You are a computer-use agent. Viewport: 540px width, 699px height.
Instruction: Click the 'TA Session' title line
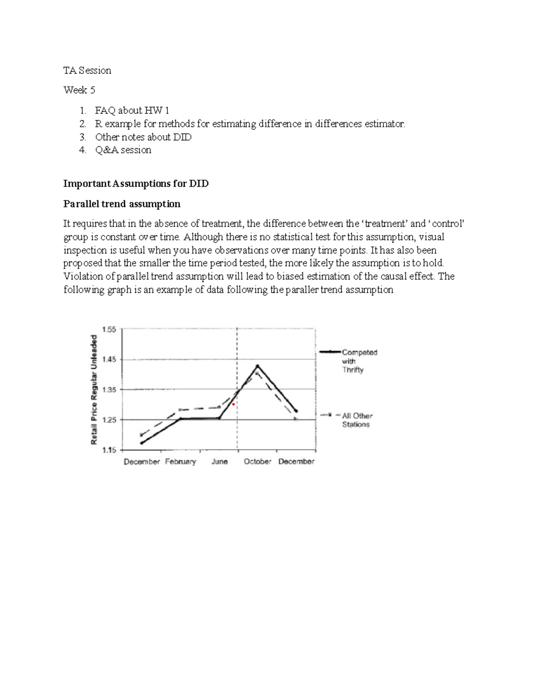click(87, 70)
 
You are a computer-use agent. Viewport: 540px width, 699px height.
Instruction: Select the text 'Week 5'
click(79, 90)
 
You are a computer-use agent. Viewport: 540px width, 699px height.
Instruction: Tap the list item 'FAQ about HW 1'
click(132, 110)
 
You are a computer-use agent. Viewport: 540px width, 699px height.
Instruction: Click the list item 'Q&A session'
click(123, 150)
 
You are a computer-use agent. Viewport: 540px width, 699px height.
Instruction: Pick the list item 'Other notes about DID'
click(143, 137)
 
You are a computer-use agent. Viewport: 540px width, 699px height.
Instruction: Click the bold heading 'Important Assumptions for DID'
click(136, 184)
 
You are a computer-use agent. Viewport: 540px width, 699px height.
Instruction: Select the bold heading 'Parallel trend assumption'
click(121, 204)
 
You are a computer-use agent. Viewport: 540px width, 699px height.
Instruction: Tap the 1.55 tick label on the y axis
click(109, 329)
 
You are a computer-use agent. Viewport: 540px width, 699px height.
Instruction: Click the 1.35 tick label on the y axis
click(109, 390)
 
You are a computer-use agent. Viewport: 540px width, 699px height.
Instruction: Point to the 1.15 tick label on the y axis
click(109, 450)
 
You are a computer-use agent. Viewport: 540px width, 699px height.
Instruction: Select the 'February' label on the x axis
click(180, 461)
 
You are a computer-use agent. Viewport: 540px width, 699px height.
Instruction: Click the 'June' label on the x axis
click(220, 461)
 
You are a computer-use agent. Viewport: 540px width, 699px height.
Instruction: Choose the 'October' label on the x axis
click(257, 461)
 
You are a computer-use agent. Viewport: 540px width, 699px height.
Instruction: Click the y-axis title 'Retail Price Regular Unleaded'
click(94, 389)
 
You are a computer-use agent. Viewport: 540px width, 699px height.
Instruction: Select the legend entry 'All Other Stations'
click(357, 420)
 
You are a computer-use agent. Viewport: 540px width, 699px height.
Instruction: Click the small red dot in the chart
click(233, 405)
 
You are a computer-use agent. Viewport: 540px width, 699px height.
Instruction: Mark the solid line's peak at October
click(257, 365)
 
